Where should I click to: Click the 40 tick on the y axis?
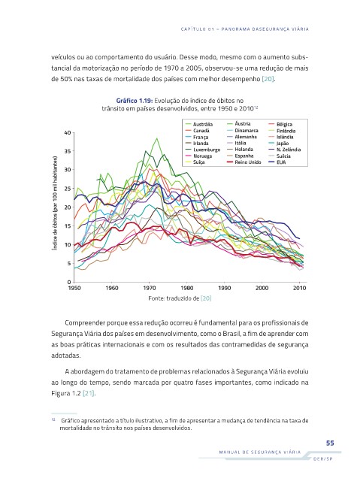pyautogui.click(x=68, y=133)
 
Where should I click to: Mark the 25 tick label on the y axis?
pyautogui.click(x=68, y=189)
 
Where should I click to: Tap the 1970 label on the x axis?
pyautogui.click(x=150, y=288)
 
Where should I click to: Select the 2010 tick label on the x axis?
pyautogui.click(x=300, y=288)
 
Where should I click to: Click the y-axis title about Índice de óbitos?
pyautogui.click(x=55, y=203)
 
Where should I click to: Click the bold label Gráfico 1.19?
pyautogui.click(x=135, y=101)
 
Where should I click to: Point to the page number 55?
pyautogui.click(x=330, y=443)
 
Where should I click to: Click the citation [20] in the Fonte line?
pyautogui.click(x=206, y=298)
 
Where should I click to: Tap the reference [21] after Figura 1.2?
pyautogui.click(x=89, y=393)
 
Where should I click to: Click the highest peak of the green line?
pyautogui.click(x=156, y=138)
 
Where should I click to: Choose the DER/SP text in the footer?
pyautogui.click(x=323, y=459)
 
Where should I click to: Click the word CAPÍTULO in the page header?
pyautogui.click(x=193, y=29)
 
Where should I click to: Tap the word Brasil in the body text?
pyautogui.click(x=231, y=334)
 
